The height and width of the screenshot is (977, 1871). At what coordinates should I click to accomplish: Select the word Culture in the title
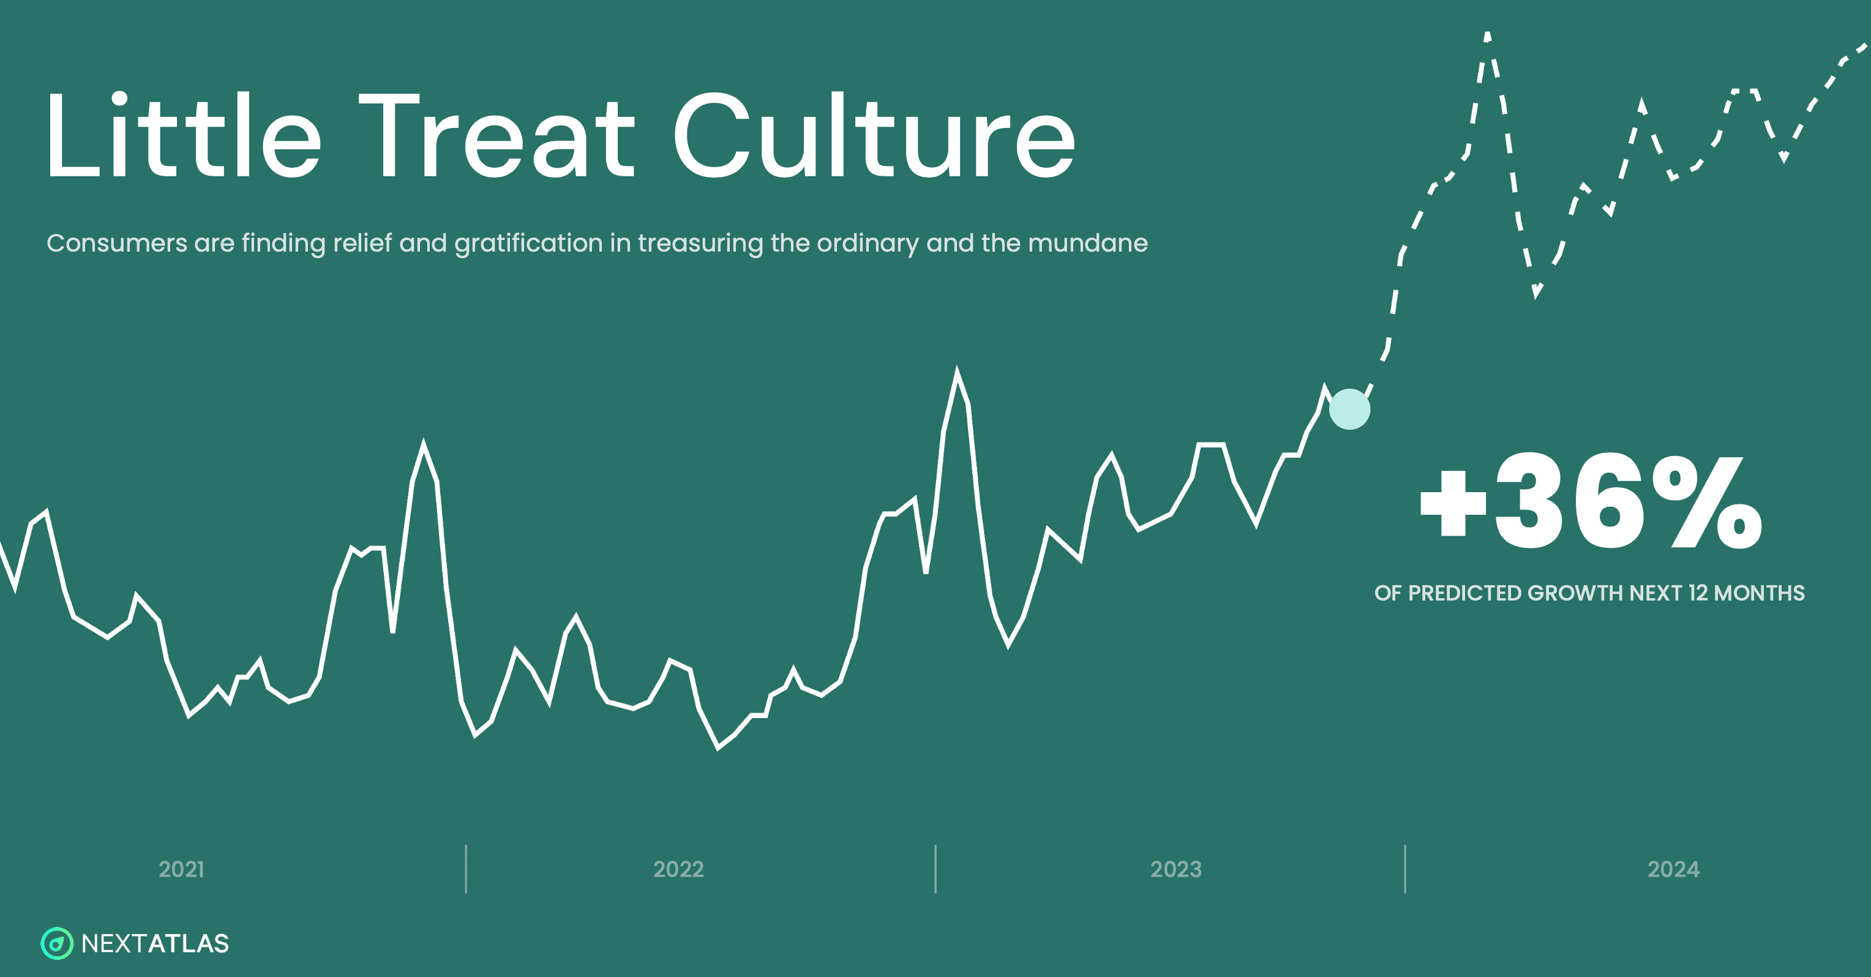click(874, 135)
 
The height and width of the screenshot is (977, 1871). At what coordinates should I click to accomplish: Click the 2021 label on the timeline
click(182, 869)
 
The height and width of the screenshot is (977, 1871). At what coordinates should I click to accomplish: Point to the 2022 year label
click(678, 869)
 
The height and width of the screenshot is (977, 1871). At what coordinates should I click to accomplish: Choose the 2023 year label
click(1176, 869)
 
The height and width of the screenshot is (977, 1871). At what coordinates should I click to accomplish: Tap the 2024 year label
click(1673, 869)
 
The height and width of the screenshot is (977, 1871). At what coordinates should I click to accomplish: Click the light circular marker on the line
click(1349, 409)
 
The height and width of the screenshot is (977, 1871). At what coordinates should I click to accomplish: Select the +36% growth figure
click(1591, 501)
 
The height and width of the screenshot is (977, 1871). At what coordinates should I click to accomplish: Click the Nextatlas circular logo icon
click(57, 943)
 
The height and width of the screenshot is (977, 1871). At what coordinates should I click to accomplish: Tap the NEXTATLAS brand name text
click(155, 943)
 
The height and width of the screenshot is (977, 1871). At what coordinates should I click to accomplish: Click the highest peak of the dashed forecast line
click(1488, 34)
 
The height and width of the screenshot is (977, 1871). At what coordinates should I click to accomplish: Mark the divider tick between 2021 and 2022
click(465, 869)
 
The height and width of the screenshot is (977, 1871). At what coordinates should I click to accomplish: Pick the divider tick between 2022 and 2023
click(935, 869)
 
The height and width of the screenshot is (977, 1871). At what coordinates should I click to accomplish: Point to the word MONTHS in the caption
click(1759, 593)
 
